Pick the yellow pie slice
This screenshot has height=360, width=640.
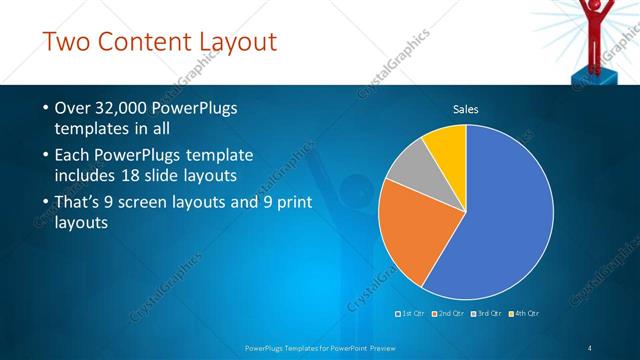pyautogui.click(x=447, y=146)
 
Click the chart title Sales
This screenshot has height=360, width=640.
pyautogui.click(x=466, y=108)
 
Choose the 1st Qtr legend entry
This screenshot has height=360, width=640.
pyautogui.click(x=413, y=314)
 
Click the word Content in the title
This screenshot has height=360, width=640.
pyautogui.click(x=154, y=42)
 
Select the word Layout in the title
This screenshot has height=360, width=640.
pyautogui.click(x=241, y=42)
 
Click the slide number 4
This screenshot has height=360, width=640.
pyautogui.click(x=590, y=347)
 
